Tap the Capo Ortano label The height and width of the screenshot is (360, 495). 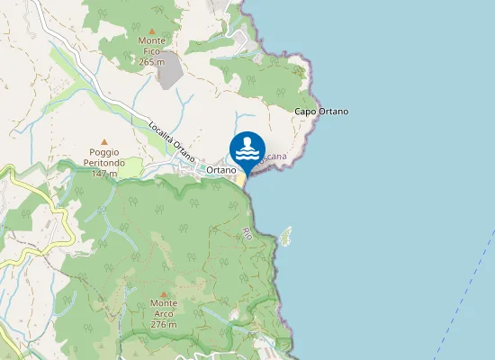point(321,112)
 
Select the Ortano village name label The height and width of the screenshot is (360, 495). point(220,170)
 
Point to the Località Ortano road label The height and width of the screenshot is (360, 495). point(171,139)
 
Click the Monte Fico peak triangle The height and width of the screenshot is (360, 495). point(151,31)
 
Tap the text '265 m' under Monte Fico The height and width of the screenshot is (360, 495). point(151,62)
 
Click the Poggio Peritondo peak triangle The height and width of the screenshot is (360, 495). point(104,141)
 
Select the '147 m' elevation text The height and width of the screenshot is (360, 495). point(104,173)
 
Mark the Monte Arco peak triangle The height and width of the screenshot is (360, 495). point(164,293)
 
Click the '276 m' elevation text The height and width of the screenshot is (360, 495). point(164,324)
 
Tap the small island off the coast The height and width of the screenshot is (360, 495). point(287,238)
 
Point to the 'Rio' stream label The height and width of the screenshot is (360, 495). point(247,233)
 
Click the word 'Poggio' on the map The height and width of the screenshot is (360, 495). point(104,152)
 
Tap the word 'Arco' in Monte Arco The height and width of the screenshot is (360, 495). point(164,314)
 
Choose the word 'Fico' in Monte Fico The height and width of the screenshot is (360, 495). point(151,51)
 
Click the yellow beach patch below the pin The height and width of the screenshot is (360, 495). point(241,179)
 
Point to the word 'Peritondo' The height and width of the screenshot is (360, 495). point(104,163)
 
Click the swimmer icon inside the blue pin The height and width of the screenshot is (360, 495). point(247,147)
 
